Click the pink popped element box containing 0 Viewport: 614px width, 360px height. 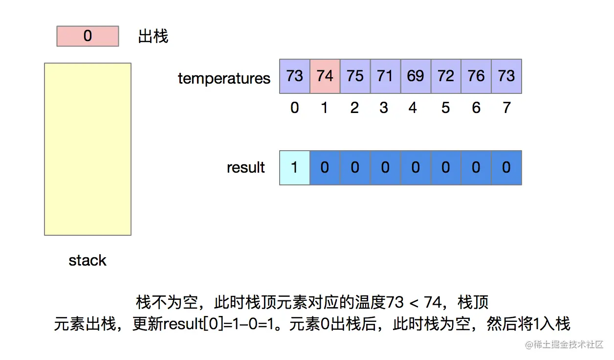[88, 36]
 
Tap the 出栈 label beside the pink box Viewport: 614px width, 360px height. [153, 36]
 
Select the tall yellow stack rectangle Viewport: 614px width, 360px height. [88, 149]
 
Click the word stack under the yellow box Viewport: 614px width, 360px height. [88, 260]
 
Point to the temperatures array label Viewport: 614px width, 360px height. [224, 78]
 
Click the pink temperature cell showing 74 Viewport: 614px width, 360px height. [325, 76]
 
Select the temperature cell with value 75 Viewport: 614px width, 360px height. [355, 76]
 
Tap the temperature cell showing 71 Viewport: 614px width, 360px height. [385, 76]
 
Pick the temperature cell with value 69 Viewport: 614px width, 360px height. [416, 76]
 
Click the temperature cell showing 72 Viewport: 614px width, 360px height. [446, 76]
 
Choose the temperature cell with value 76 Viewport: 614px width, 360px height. [476, 76]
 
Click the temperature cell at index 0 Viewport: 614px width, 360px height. [294, 76]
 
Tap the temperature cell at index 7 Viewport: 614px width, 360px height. [506, 76]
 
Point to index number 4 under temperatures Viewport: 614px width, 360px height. [414, 108]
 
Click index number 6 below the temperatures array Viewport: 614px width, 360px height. [476, 108]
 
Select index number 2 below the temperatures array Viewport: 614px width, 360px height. [354, 108]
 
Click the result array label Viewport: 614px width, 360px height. [246, 168]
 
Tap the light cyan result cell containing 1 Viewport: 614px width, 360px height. [294, 168]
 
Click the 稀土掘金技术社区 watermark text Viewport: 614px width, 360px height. [569, 345]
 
